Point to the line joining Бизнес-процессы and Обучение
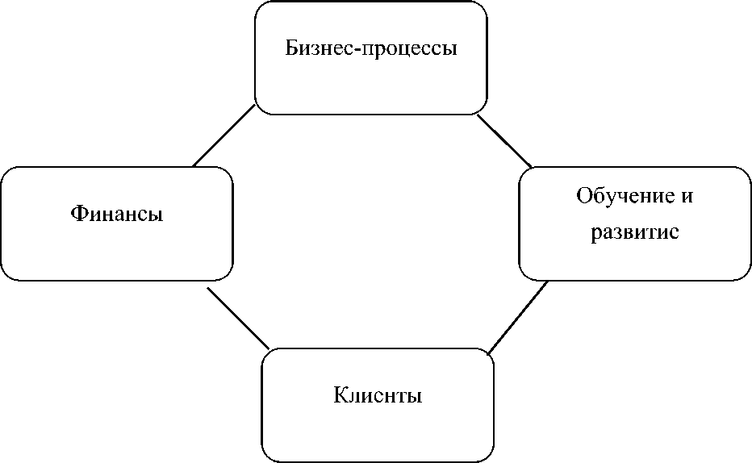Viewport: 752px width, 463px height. pos(505,141)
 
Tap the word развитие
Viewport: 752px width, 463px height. pos(635,233)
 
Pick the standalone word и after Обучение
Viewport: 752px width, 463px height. pos(688,197)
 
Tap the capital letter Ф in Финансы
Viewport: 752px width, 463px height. pos(78,214)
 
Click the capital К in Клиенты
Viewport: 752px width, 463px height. pos(340,396)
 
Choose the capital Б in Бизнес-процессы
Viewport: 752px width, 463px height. pos(291,48)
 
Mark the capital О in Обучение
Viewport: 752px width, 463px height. pos(583,196)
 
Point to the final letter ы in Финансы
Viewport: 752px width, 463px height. pos(157,215)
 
